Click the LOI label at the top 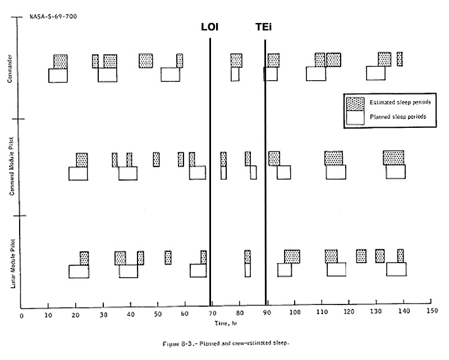(x=210, y=27)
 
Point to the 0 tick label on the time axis (x=21, y=315)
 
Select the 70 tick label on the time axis (x=212, y=314)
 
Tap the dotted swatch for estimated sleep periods (x=354, y=103)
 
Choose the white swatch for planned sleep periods (x=354, y=117)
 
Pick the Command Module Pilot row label (x=11, y=167)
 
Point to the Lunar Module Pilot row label (x=12, y=262)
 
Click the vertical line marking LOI (x=210, y=168)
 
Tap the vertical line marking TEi (x=265, y=168)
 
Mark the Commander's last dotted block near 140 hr (x=400, y=59)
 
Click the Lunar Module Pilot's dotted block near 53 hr (x=168, y=257)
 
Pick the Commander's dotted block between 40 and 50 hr (x=146, y=61)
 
